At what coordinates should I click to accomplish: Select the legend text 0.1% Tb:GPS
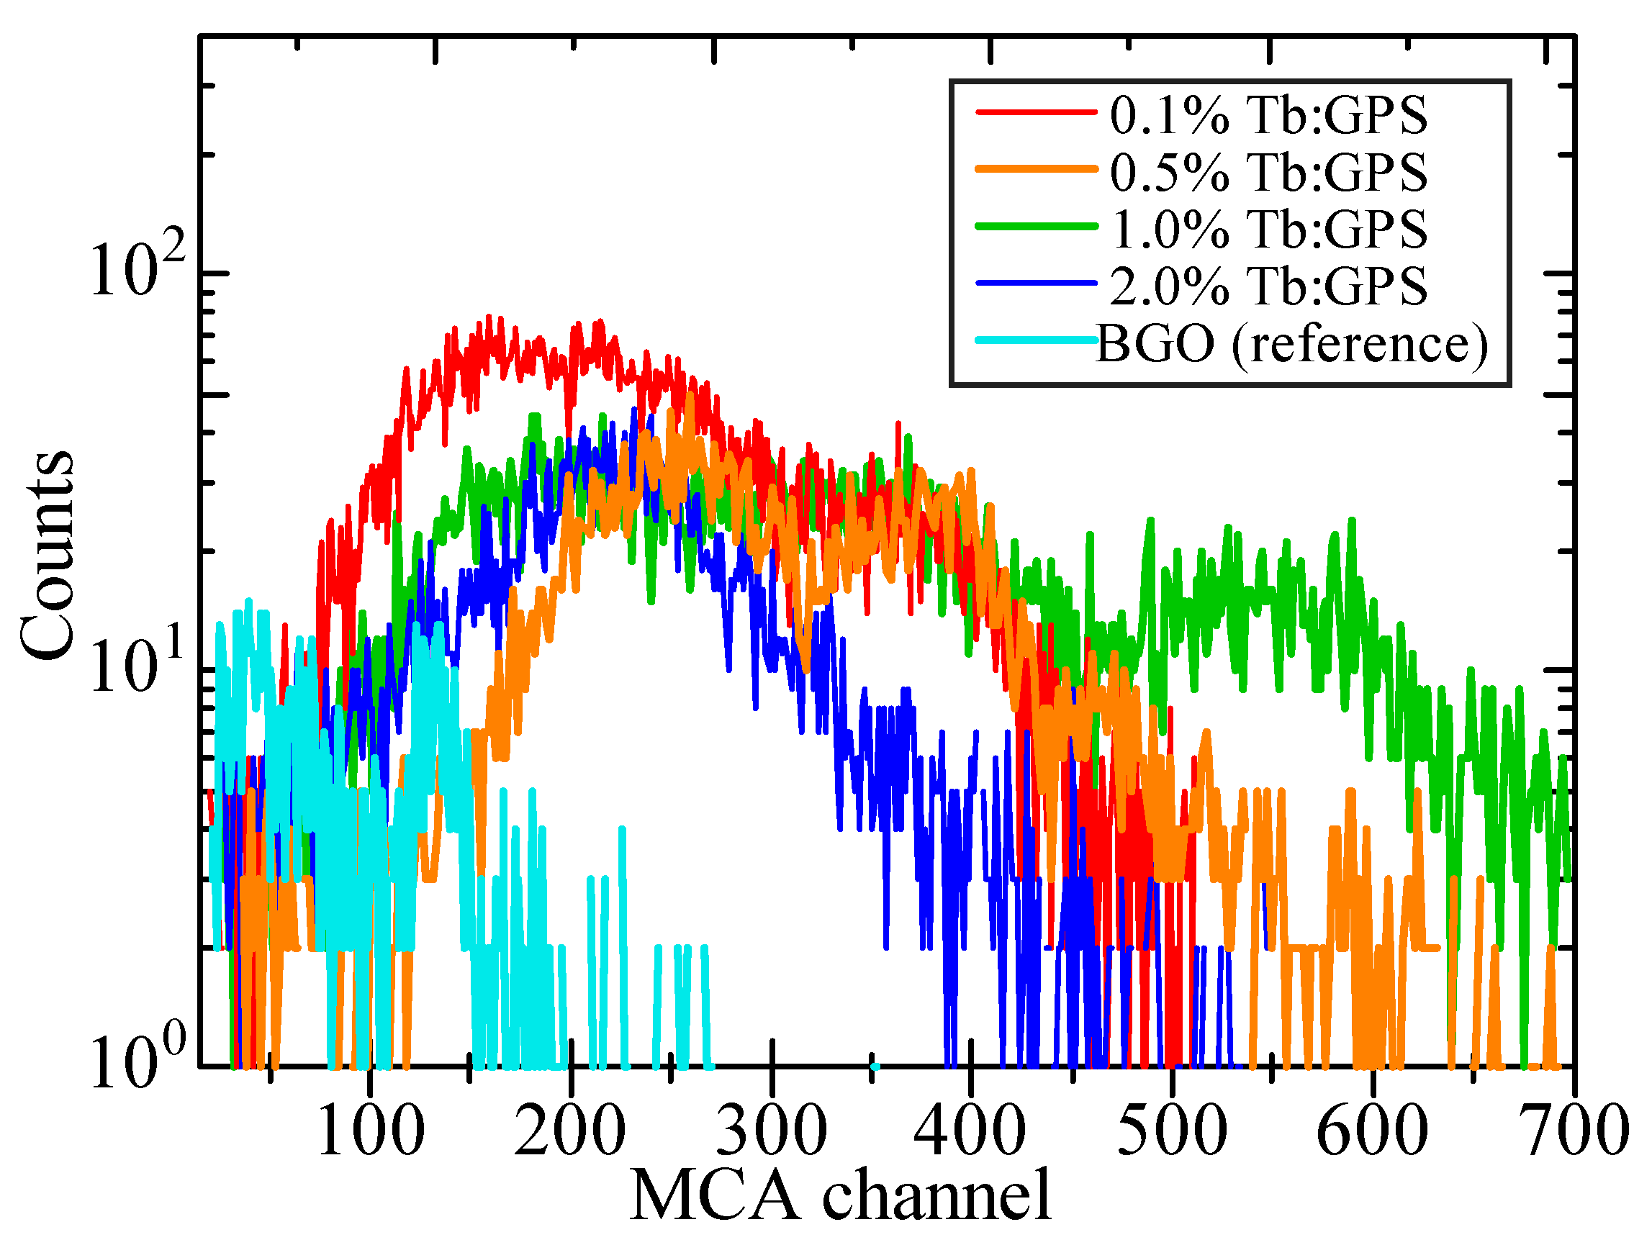coord(1268,116)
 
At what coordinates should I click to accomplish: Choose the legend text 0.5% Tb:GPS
coord(1268,173)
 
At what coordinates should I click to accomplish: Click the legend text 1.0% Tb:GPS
coord(1268,229)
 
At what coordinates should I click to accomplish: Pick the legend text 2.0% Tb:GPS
coord(1268,286)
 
